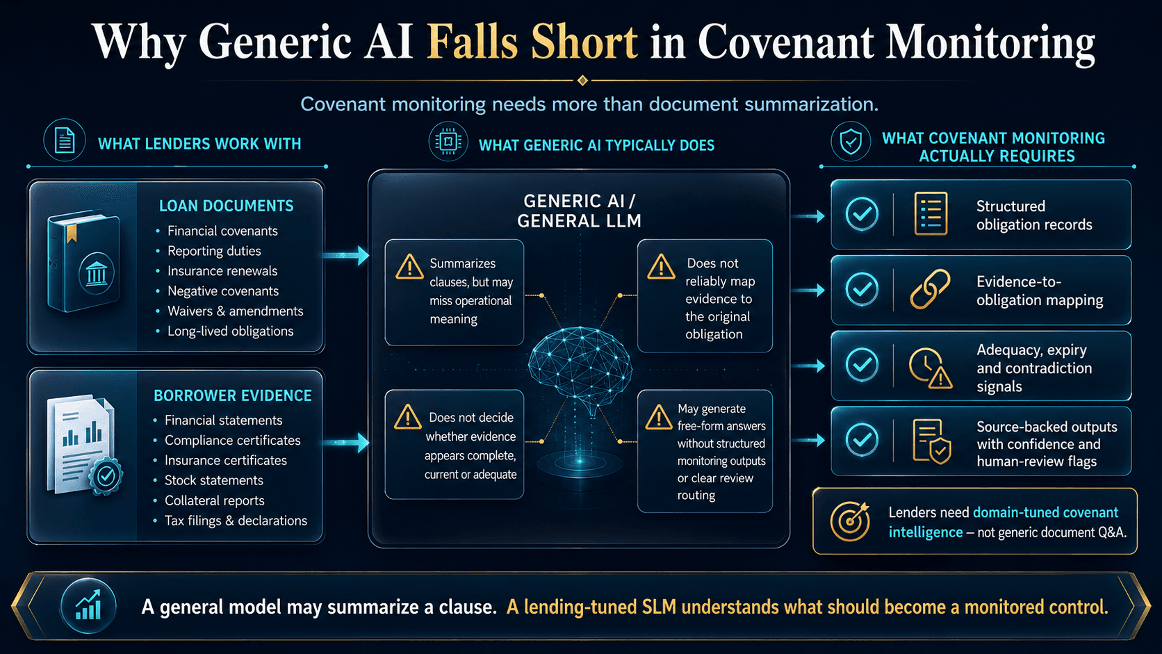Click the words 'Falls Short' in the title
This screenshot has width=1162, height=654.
[x=532, y=42]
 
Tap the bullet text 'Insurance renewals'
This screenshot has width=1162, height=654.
[x=222, y=271]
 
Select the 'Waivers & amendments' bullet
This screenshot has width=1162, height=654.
[x=235, y=311]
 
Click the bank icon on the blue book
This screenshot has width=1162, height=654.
[x=96, y=273]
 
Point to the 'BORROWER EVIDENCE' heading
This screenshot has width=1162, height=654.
[x=232, y=395]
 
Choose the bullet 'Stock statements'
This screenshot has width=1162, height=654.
[x=214, y=480]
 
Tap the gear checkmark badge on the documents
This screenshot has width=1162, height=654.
[x=106, y=476]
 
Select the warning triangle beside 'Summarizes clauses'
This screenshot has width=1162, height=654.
[x=409, y=268]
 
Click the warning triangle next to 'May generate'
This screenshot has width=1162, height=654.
[x=659, y=418]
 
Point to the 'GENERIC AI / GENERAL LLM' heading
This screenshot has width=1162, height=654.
[x=579, y=211]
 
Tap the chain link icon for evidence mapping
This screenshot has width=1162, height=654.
[x=930, y=289]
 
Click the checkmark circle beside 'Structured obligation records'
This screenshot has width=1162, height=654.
[x=862, y=213]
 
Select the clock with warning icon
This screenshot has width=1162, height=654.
[x=930, y=368]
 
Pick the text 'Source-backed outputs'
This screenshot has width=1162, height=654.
[x=1047, y=427]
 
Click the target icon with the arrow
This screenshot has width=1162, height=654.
[x=849, y=521]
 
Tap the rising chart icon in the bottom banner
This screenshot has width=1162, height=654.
[x=88, y=606]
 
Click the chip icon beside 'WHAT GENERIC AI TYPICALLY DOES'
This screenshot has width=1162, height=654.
[x=448, y=141]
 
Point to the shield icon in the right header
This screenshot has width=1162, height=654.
[x=851, y=141]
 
